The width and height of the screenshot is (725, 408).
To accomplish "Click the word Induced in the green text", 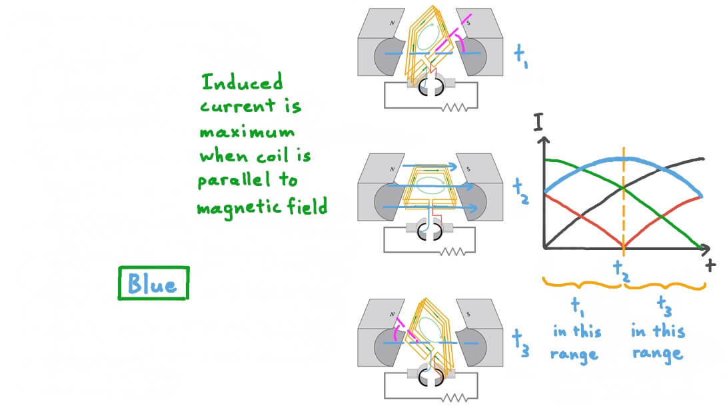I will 243,83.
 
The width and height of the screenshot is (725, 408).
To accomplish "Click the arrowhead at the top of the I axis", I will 545,141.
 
